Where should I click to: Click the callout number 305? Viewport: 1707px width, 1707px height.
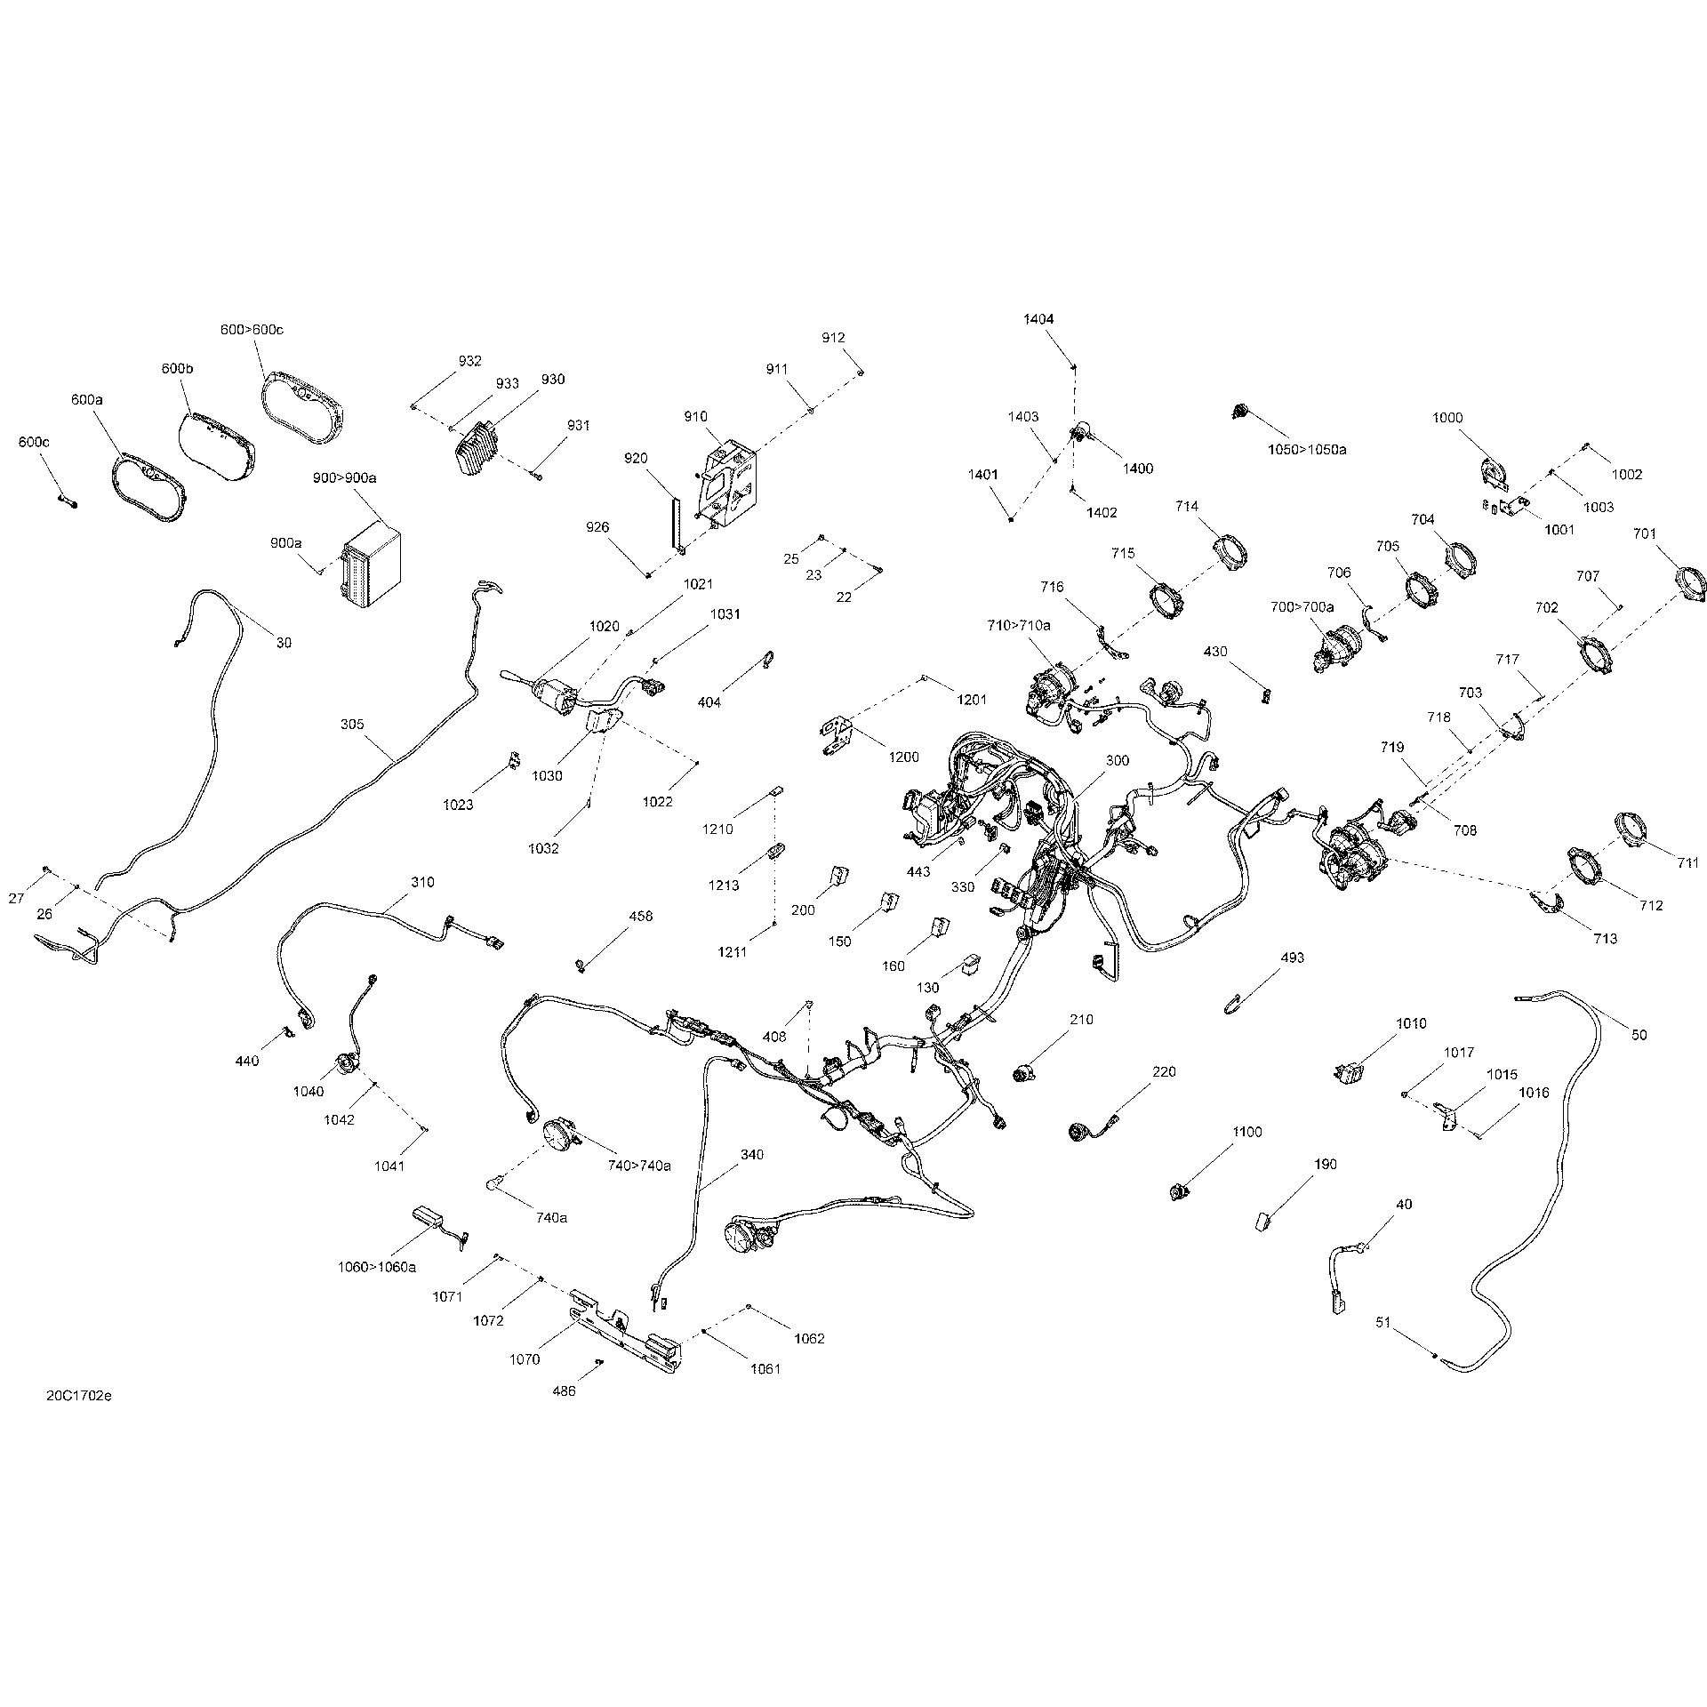(352, 725)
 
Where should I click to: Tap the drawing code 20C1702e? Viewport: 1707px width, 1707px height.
(79, 1421)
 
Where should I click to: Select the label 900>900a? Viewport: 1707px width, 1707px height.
(345, 478)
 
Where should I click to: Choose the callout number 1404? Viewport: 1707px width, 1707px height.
(1038, 319)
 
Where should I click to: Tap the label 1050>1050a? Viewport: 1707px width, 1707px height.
(1307, 450)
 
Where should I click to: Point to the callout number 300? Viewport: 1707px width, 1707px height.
(1118, 761)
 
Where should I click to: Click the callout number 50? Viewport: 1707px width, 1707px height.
(1639, 1035)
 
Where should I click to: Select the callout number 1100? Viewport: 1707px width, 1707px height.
(1247, 1132)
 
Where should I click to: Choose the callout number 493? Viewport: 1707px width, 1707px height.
(1293, 958)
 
